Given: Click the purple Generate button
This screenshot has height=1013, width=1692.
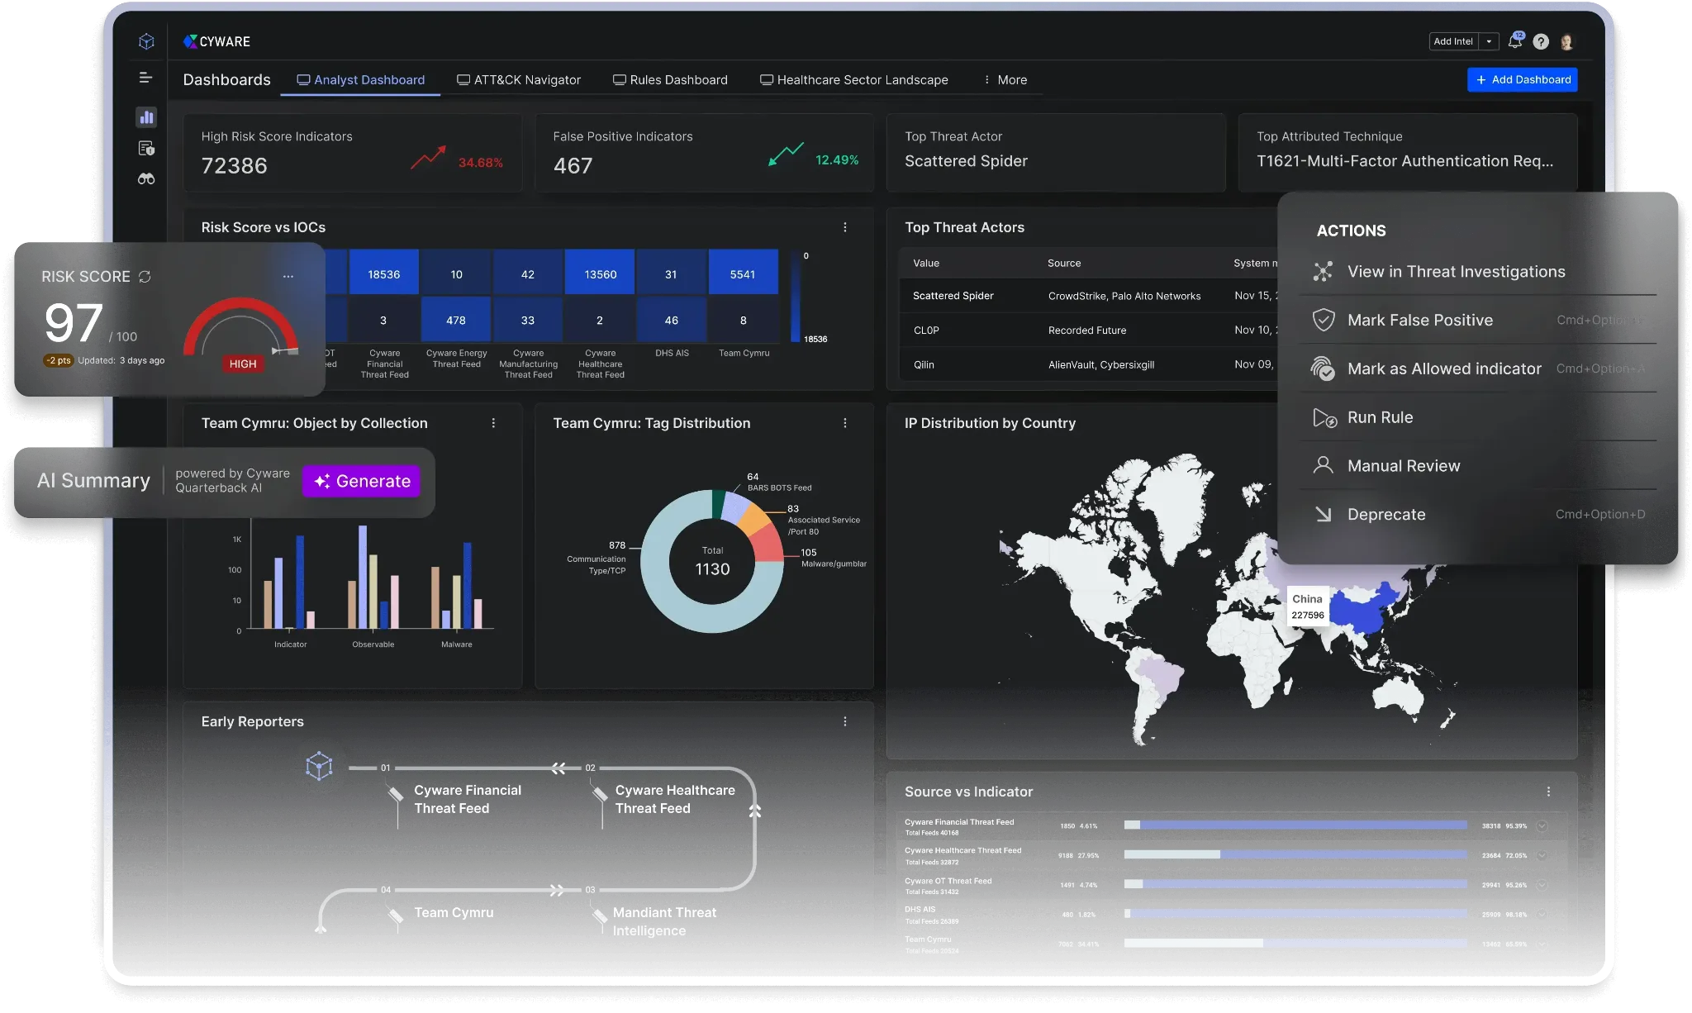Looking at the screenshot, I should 362,481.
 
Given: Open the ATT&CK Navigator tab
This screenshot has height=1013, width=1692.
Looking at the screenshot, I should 519,80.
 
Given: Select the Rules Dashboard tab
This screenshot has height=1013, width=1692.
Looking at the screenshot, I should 670,80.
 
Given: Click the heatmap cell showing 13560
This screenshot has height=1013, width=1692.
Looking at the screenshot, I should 600,274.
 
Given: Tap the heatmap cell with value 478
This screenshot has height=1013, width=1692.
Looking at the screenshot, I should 456,320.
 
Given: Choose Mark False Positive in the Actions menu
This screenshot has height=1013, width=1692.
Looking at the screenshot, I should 1419,320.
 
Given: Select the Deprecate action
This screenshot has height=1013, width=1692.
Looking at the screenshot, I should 1385,514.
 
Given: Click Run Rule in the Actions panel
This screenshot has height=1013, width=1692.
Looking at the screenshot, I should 1380,417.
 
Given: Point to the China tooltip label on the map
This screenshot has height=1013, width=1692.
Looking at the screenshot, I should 1307,606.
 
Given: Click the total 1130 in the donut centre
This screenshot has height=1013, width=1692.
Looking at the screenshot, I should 712,569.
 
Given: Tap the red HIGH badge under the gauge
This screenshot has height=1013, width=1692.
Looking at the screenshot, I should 243,364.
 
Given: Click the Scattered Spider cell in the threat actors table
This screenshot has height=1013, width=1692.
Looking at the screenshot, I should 953,296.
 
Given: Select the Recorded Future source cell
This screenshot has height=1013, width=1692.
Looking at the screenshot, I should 1086,331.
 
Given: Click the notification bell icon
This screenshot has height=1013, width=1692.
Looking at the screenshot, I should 1514,41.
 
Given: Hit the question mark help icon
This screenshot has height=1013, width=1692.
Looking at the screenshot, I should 1541,41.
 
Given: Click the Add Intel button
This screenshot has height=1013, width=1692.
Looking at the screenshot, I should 1452,41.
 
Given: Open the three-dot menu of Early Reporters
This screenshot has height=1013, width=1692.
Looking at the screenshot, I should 844,721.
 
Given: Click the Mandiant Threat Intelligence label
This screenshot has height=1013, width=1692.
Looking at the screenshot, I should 664,921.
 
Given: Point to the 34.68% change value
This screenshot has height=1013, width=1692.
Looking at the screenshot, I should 480,163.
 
